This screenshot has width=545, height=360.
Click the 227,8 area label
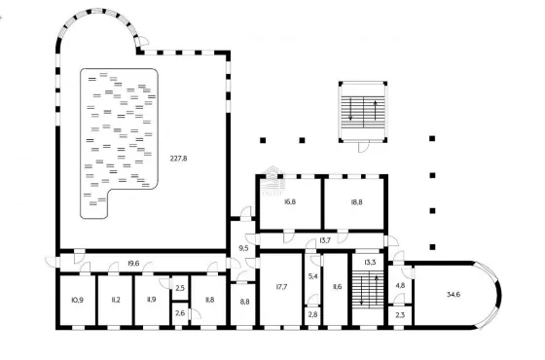click(x=179, y=159)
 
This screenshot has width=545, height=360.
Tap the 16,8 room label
click(x=290, y=201)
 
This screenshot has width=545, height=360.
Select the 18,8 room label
click(x=356, y=201)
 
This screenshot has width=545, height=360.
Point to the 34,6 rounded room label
click(x=454, y=295)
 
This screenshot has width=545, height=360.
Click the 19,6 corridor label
click(x=133, y=264)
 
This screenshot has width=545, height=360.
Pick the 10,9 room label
click(x=77, y=300)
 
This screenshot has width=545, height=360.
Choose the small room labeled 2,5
click(x=180, y=288)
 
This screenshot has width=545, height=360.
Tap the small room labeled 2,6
click(x=180, y=314)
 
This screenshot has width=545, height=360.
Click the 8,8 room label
click(x=244, y=302)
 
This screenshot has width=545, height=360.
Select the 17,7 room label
click(x=281, y=287)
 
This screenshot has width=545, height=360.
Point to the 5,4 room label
click(x=312, y=276)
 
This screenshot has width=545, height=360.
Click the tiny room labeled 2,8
click(x=312, y=314)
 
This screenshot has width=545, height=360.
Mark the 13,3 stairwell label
click(x=370, y=263)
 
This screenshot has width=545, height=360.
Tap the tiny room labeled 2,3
click(x=400, y=315)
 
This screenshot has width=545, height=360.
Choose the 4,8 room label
click(x=400, y=286)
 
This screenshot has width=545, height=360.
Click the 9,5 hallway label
click(x=244, y=248)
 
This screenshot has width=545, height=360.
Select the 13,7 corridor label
click(x=325, y=240)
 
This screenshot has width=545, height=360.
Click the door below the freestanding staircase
click(x=363, y=147)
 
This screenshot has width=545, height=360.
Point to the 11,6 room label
click(x=337, y=287)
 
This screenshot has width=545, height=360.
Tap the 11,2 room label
click(x=116, y=300)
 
